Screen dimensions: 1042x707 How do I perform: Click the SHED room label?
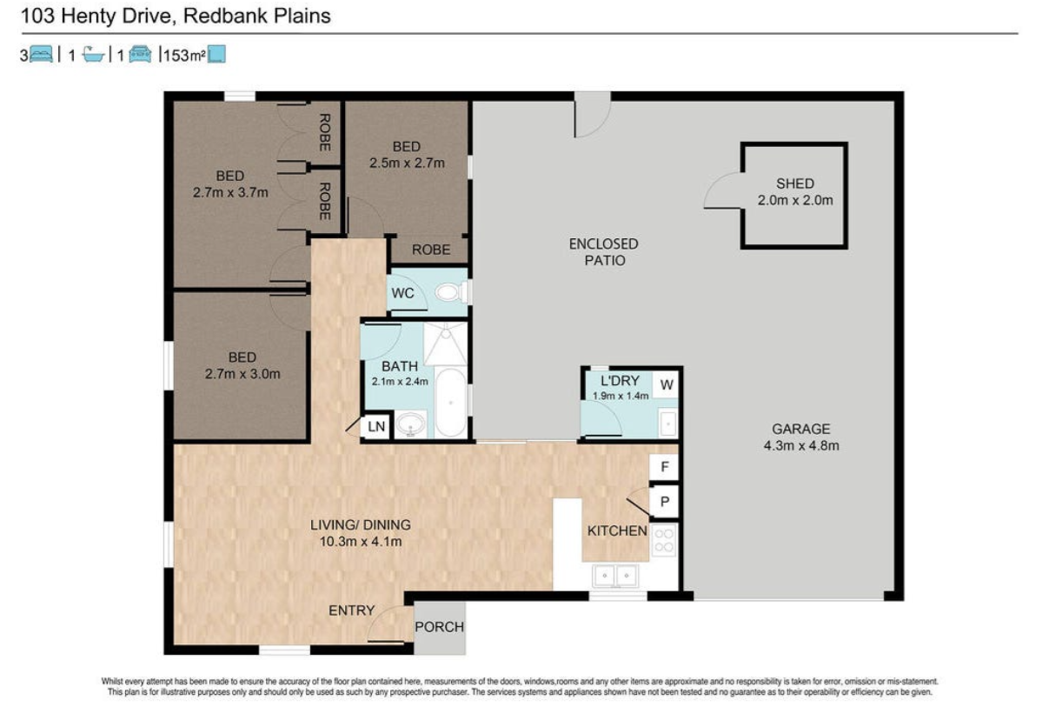pos(795,183)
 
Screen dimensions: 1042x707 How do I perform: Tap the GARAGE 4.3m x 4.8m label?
pos(800,437)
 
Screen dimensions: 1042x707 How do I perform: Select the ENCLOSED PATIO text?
pos(603,252)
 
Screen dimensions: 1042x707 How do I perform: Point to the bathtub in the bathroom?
pos(451,403)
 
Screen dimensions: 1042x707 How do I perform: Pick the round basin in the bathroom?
pos(411,424)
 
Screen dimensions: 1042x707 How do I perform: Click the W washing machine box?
pos(667,384)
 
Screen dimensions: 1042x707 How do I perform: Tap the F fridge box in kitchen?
pos(665,467)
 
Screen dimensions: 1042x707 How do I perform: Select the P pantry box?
pos(665,502)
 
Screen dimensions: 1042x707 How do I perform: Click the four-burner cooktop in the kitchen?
pos(664,541)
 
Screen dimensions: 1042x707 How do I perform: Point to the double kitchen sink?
pos(615,575)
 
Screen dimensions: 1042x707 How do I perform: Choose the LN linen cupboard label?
pos(376,426)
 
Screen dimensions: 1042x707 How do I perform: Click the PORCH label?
pos(439,626)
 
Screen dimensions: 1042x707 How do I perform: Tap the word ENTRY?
pos(352,610)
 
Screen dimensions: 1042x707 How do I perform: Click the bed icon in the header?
pos(41,55)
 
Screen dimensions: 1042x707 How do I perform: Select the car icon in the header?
pos(140,55)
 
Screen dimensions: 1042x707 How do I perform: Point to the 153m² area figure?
pos(184,55)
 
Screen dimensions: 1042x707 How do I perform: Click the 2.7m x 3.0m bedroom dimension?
pos(242,374)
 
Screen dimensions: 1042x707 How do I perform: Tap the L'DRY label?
pos(620,380)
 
